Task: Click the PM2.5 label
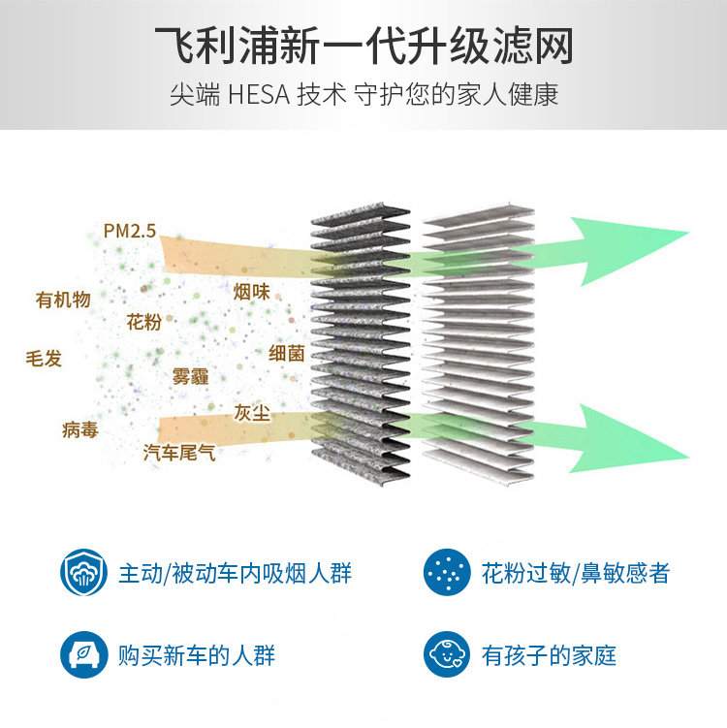click(130, 231)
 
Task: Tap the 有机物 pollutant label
click(63, 300)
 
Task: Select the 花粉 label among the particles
click(144, 322)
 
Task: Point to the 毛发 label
click(44, 359)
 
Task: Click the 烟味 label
click(252, 292)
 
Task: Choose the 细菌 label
click(286, 353)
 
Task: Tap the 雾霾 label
click(190, 376)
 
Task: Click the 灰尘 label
click(252, 412)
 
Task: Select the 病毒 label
click(80, 430)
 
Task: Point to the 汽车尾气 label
click(179, 453)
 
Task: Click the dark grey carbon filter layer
click(361, 344)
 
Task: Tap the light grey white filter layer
click(479, 344)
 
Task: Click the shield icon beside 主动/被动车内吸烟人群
click(83, 572)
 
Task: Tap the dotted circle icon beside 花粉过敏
click(447, 572)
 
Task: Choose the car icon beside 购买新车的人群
click(83, 654)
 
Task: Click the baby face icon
click(447, 654)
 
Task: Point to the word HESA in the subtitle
click(259, 95)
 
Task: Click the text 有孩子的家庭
click(550, 655)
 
